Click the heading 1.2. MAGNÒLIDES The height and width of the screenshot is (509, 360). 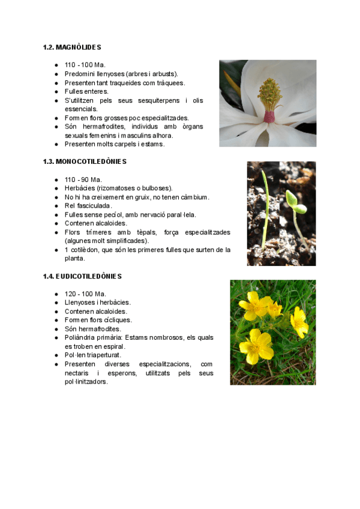[x=72, y=47]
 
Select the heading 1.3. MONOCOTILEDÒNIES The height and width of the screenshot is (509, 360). [x=85, y=161]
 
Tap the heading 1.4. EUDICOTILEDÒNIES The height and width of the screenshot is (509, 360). [x=82, y=276]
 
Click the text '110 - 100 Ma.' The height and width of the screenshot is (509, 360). [x=85, y=65]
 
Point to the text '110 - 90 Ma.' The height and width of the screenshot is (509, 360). [x=83, y=179]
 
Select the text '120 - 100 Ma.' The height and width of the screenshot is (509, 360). [x=85, y=294]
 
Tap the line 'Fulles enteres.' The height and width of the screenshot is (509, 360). [x=86, y=91]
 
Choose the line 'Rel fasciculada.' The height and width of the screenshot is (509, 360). [x=88, y=206]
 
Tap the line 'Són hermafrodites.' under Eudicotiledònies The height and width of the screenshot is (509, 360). [x=92, y=329]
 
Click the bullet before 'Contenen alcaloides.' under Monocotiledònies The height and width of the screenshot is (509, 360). [x=56, y=223]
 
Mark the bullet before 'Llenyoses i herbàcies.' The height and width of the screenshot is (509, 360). [x=56, y=303]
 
